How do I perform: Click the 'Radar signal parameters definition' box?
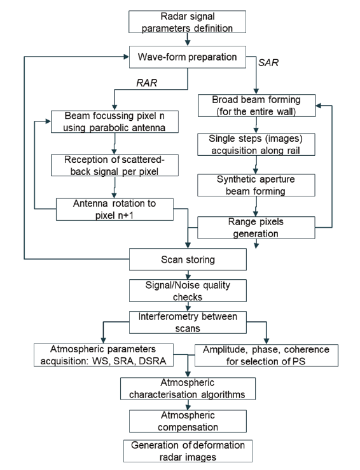(188, 22)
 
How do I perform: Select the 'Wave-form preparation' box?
(188, 57)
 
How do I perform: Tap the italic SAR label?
(268, 63)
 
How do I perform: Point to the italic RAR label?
(146, 83)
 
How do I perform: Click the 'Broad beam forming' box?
(256, 106)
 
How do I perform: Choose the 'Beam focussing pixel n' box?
(114, 121)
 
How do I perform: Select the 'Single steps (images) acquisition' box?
(256, 144)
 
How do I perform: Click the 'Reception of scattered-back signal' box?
(114, 165)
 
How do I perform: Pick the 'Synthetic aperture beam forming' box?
(256, 185)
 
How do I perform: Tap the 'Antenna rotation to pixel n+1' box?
(114, 209)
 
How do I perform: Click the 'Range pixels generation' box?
(256, 228)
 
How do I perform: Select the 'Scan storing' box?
(188, 259)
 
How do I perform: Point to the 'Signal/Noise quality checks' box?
(188, 291)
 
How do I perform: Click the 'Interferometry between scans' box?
(188, 322)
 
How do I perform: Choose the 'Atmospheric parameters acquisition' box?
(104, 355)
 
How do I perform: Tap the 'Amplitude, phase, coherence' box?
(267, 356)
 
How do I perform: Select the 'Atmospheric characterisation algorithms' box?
(188, 389)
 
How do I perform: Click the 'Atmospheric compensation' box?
(188, 421)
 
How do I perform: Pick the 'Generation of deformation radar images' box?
(188, 451)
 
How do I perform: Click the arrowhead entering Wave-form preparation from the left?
(126, 57)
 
